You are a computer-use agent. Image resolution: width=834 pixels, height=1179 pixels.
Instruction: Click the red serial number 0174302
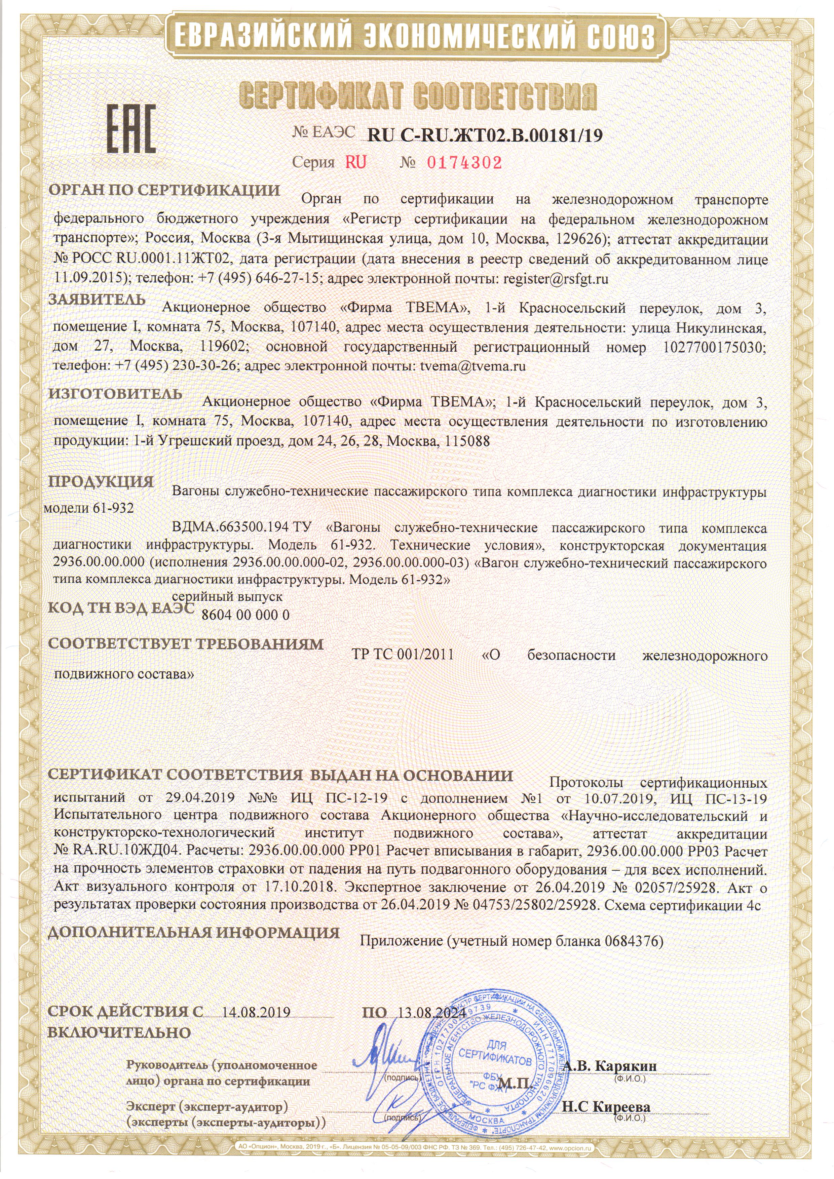[464, 163]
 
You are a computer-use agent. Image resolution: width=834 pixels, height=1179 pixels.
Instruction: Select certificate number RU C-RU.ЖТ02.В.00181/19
[485, 135]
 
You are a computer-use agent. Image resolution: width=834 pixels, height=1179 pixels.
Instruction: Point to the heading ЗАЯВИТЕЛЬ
[97, 300]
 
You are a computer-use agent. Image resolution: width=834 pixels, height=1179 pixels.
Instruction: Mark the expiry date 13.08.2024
[432, 1012]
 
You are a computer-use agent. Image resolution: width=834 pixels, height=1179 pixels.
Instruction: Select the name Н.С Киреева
[606, 1106]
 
